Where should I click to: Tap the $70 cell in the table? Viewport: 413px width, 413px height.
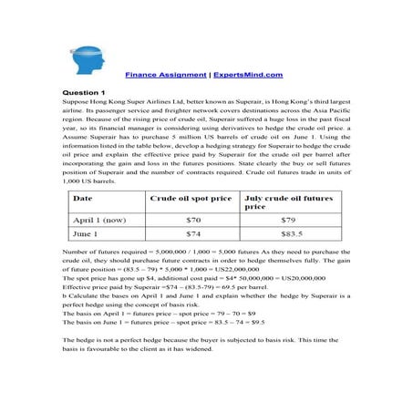point(192,221)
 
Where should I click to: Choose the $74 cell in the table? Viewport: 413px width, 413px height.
point(192,234)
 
